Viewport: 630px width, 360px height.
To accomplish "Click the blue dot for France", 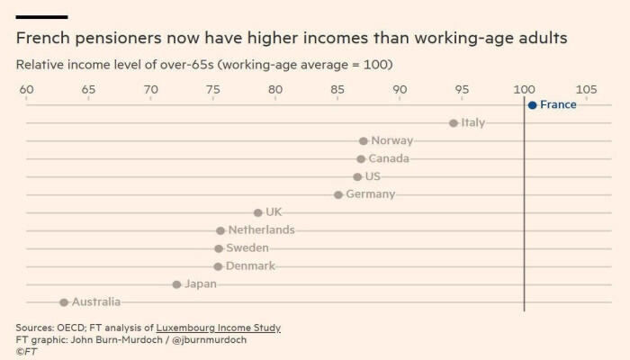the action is point(533,105).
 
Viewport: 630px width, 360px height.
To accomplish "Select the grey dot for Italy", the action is point(454,123).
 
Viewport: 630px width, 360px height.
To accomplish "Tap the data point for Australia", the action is point(64,302).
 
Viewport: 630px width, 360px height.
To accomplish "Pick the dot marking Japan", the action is point(176,284).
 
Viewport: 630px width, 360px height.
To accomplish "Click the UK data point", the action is point(258,212).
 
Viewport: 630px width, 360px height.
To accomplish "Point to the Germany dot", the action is point(338,195).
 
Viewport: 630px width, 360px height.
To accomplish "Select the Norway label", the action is point(392,140).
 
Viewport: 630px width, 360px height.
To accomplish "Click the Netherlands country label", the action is point(262,229).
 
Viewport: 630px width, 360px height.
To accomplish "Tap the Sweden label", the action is point(247,247).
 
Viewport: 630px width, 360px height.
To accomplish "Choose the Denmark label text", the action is point(250,265).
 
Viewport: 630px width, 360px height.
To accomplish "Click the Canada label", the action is point(389,158).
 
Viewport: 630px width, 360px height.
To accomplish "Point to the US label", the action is point(373,176).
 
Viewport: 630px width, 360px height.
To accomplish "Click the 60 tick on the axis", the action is point(26,90).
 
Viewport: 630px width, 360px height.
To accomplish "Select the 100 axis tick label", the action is point(525,90).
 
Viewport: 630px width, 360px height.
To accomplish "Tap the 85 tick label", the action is point(337,90).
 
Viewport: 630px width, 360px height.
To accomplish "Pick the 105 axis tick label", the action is point(587,90).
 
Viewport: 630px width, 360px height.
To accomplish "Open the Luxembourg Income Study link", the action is point(218,328).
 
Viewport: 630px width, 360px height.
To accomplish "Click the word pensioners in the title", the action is point(117,39).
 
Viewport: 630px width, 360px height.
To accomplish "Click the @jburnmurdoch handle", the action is point(210,340).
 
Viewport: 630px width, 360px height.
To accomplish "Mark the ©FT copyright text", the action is point(26,352).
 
